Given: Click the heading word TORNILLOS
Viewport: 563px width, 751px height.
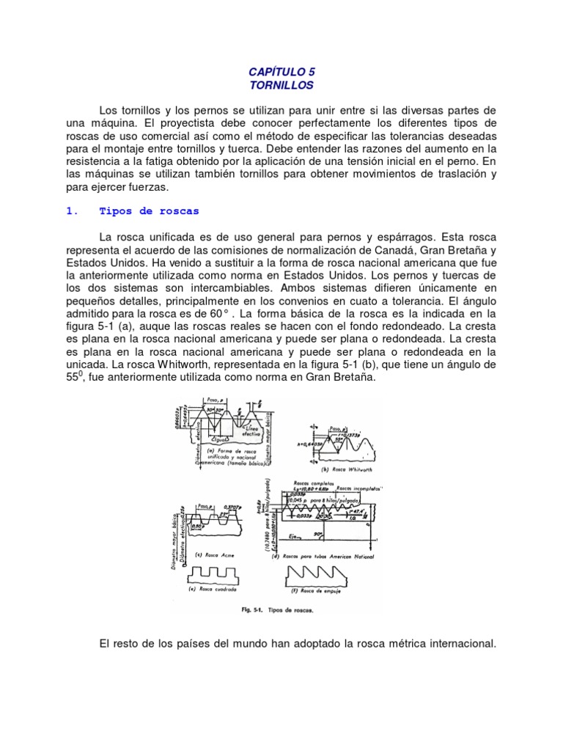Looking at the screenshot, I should pos(281,86).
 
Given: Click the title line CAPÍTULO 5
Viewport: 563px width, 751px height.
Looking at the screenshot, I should pos(281,71).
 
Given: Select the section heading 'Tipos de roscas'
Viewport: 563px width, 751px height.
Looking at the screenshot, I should pos(149,211).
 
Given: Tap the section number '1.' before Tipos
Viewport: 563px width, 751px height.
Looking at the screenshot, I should pos(72,211).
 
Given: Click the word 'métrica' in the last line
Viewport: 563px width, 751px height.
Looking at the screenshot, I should pos(396,644).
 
